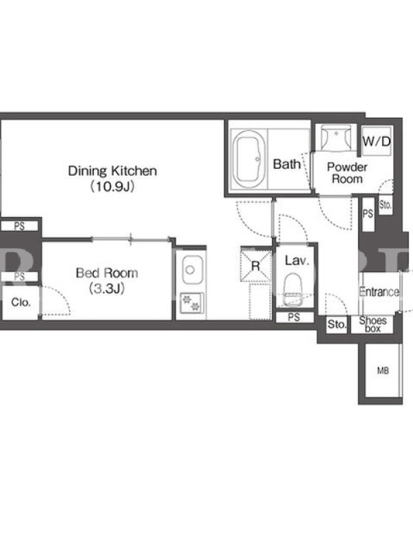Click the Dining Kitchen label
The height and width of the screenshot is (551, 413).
tap(112, 171)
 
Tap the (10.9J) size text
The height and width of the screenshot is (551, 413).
tap(112, 186)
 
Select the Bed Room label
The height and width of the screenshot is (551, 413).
tap(107, 273)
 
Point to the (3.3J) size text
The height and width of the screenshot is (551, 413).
tap(107, 289)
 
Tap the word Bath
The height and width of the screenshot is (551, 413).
tap(286, 164)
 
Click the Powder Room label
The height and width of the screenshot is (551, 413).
tap(347, 173)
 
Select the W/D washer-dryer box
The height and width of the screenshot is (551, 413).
tap(377, 141)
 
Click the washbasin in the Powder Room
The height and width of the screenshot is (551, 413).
tap(337, 138)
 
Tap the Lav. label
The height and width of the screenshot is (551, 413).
tap(297, 260)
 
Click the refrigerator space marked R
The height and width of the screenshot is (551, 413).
tap(255, 265)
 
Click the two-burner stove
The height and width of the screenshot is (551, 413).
tap(192, 303)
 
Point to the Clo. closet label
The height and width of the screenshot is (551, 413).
tap(21, 302)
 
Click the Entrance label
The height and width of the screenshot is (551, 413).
tap(379, 291)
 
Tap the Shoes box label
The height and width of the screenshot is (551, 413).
tap(372, 324)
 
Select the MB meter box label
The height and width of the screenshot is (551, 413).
tap(383, 371)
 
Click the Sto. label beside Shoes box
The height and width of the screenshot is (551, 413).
tap(337, 324)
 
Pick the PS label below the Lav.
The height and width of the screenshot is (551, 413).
tap(294, 318)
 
